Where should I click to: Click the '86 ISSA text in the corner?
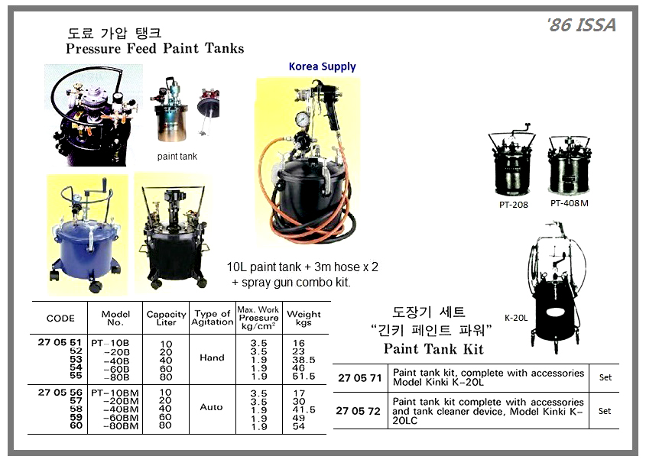[x=581, y=25]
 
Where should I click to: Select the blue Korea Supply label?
[x=322, y=66]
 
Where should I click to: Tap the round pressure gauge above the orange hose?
[x=304, y=120]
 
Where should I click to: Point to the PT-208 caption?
[x=513, y=205]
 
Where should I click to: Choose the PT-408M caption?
[x=570, y=203]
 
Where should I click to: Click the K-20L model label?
[x=516, y=318]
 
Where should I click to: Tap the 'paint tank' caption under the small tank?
[x=177, y=157]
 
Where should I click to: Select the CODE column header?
[x=60, y=319]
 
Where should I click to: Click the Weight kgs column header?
[x=304, y=318]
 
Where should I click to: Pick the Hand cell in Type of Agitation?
[x=213, y=357]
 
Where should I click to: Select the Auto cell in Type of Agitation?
[x=211, y=407]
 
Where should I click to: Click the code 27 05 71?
[x=360, y=378]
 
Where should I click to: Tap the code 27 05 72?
[x=358, y=411]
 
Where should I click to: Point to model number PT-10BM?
[x=115, y=393]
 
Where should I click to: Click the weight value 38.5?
[x=304, y=360]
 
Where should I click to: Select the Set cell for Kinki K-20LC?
[x=605, y=411]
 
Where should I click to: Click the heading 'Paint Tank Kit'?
[x=433, y=349]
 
